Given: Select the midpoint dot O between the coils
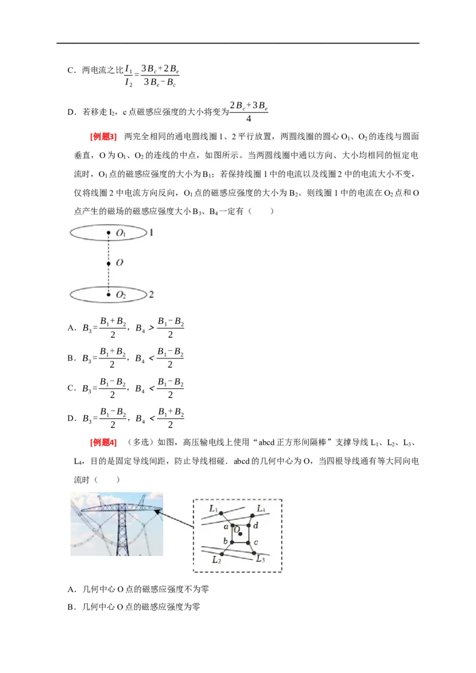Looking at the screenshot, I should [108, 263].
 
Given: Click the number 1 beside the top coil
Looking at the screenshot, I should [152, 232].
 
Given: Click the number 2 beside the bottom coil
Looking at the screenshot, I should [152, 294].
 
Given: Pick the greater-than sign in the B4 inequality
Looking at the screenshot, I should [151, 328].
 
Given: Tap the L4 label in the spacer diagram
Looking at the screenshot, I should [261, 509].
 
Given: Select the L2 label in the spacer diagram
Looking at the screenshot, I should [217, 559].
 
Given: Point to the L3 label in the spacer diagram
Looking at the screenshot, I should [260, 559].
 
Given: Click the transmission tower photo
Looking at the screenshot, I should [117, 524].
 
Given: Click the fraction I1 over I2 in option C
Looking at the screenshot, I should [129, 77].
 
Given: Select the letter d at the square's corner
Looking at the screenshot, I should [255, 526].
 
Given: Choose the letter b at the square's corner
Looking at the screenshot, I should [226, 540].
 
